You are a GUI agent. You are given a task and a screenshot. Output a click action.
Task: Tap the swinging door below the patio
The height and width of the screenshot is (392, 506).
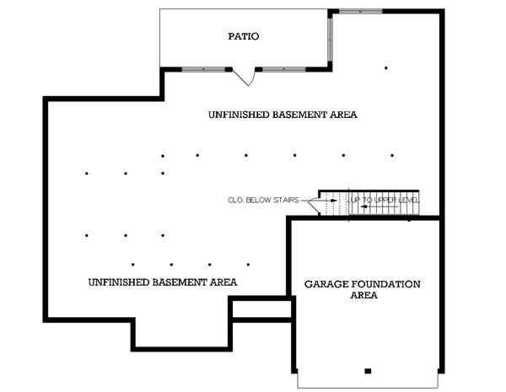[245, 77]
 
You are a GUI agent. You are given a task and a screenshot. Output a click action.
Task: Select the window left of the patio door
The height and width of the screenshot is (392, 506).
[204, 69]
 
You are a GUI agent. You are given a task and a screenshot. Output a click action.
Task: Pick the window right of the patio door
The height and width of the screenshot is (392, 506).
[284, 69]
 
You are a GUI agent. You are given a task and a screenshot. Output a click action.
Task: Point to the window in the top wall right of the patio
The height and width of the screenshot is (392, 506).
[361, 12]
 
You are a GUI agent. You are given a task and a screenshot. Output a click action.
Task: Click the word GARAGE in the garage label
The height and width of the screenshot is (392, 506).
[326, 284]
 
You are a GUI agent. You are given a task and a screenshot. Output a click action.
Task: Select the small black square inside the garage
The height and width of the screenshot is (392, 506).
[367, 371]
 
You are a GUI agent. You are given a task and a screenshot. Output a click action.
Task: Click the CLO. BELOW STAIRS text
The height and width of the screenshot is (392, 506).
[264, 201]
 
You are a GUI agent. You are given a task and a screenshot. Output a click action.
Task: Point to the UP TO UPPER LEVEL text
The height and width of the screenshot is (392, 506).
[384, 201]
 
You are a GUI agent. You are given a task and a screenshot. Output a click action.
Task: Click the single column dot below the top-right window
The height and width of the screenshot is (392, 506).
[386, 67]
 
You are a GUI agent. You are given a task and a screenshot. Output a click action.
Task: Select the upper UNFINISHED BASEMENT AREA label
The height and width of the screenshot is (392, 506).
[283, 114]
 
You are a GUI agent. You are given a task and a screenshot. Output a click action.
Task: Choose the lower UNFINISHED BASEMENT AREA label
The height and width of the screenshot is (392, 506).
[162, 282]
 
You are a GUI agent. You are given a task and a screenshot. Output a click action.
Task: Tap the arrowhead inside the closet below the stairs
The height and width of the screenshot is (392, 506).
[333, 201]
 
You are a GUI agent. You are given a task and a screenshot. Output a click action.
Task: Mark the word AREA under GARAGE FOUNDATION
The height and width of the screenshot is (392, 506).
[363, 296]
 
